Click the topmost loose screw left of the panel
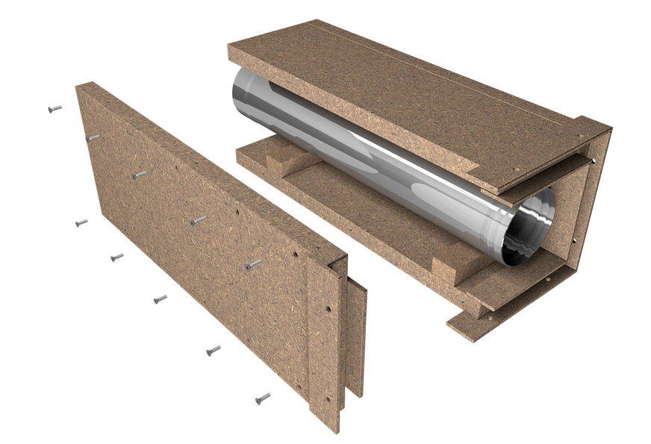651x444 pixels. point(54,109)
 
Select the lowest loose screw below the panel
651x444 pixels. point(262,398)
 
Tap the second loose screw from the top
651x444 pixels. point(81,222)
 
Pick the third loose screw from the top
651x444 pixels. point(117,257)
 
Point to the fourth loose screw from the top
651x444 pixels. point(160,299)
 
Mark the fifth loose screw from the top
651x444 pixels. point(213,350)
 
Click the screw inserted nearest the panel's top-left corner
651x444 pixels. point(93,138)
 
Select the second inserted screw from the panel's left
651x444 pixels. point(139,175)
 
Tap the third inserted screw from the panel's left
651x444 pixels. point(198,220)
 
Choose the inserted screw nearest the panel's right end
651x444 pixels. point(254,264)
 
